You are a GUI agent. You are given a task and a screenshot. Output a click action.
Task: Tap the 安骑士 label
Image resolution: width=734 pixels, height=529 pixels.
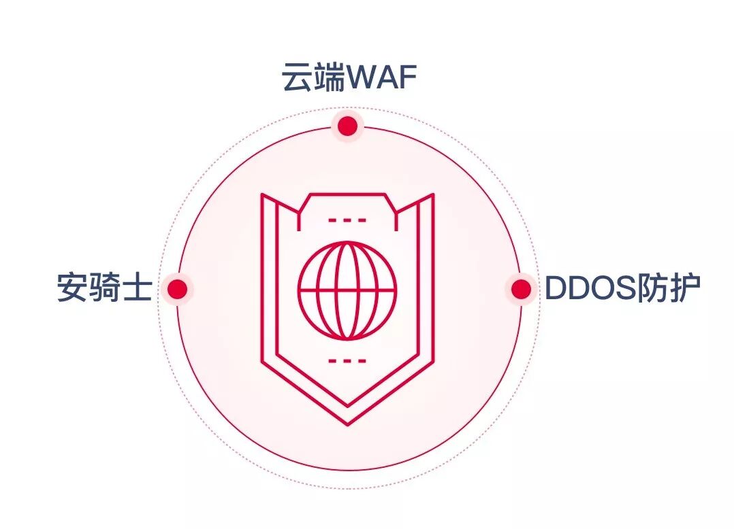click(104, 288)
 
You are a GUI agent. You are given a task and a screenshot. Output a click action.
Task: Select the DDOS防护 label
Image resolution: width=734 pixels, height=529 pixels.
click(622, 289)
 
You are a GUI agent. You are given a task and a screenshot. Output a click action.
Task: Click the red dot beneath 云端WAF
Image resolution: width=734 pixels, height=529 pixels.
click(348, 126)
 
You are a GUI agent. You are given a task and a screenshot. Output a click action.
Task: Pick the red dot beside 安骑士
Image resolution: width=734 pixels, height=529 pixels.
click(177, 289)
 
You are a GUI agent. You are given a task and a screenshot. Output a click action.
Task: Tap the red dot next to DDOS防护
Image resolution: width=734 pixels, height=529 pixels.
click(521, 289)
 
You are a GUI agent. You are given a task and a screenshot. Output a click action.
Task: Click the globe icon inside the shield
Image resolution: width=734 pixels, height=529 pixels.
click(347, 290)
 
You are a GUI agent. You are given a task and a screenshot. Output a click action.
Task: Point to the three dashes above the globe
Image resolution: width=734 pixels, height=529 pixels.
click(347, 220)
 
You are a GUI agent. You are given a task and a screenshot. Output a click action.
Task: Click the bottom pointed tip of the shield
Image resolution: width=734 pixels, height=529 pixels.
click(347, 423)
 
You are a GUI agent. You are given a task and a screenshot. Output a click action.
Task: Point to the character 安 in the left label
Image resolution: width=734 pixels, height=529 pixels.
click(73, 288)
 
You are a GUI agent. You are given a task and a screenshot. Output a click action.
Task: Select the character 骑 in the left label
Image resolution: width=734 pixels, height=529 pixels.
click(104, 288)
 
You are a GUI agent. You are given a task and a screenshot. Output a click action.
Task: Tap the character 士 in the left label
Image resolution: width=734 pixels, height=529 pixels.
click(136, 288)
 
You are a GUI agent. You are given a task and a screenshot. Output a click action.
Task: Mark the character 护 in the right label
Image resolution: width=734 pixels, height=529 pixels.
click(684, 289)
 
